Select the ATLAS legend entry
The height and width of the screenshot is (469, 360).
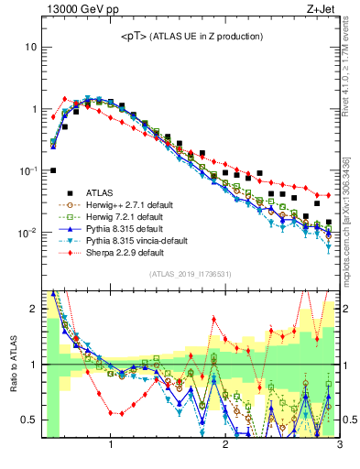101,192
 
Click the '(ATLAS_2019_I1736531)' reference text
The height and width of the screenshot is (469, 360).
191,274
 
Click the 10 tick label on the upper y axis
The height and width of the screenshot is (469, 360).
31,47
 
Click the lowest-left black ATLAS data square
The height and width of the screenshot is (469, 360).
53,170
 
